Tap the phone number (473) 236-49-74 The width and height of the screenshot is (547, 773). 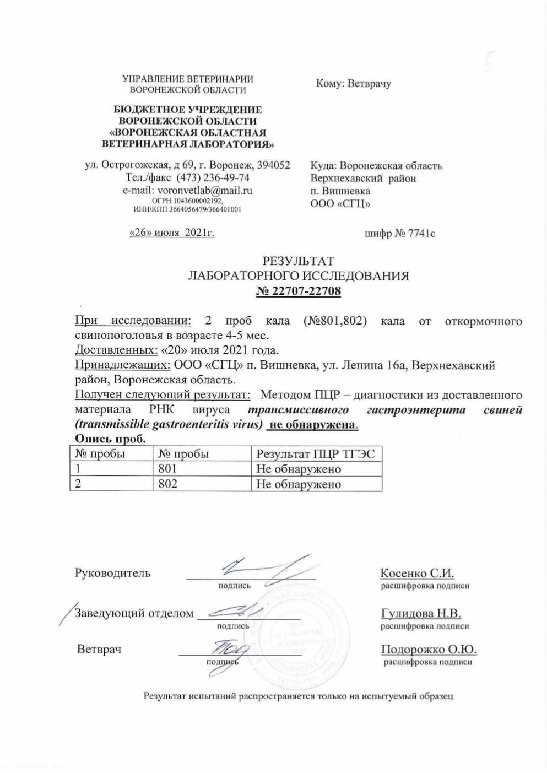(x=212, y=178)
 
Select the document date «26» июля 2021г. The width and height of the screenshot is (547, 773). (x=171, y=233)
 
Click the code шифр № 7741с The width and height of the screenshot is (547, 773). (x=400, y=234)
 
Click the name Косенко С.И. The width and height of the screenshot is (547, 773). (x=417, y=573)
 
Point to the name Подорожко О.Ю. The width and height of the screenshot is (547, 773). (x=428, y=650)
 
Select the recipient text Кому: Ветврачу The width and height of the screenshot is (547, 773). (x=353, y=84)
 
